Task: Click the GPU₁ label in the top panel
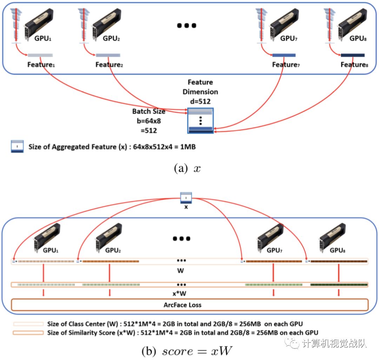click(43, 38)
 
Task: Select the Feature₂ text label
click(108, 65)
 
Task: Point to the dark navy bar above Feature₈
click(353, 55)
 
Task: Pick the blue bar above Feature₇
click(284, 55)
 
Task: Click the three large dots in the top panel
click(186, 25)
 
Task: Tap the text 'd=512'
click(202, 101)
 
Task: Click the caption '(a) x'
click(187, 169)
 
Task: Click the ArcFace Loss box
click(189, 305)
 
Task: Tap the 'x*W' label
click(181, 293)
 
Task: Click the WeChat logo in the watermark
click(292, 342)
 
